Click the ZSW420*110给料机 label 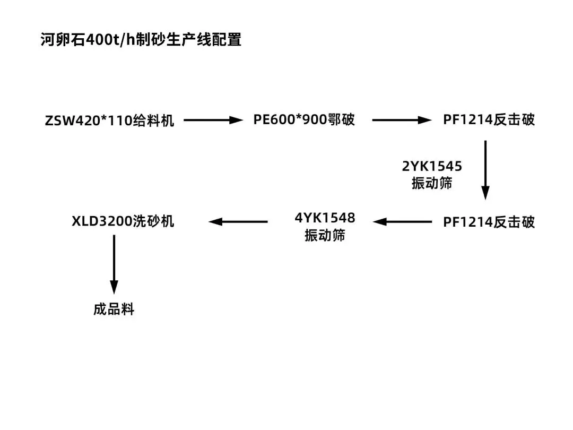click(x=110, y=121)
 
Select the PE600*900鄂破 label click(x=304, y=120)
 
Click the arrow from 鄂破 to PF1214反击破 click(x=402, y=121)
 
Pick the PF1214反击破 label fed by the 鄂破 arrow click(x=489, y=120)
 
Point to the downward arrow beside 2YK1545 click(x=485, y=170)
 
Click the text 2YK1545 click(x=432, y=167)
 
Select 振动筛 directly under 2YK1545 click(x=432, y=184)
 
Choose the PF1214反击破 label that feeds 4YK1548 click(x=489, y=222)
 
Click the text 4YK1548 click(x=325, y=218)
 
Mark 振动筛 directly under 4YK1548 click(x=325, y=235)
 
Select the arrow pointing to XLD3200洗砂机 click(x=238, y=222)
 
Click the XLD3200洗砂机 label click(x=123, y=221)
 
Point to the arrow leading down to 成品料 click(x=114, y=264)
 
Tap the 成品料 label click(x=114, y=309)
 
